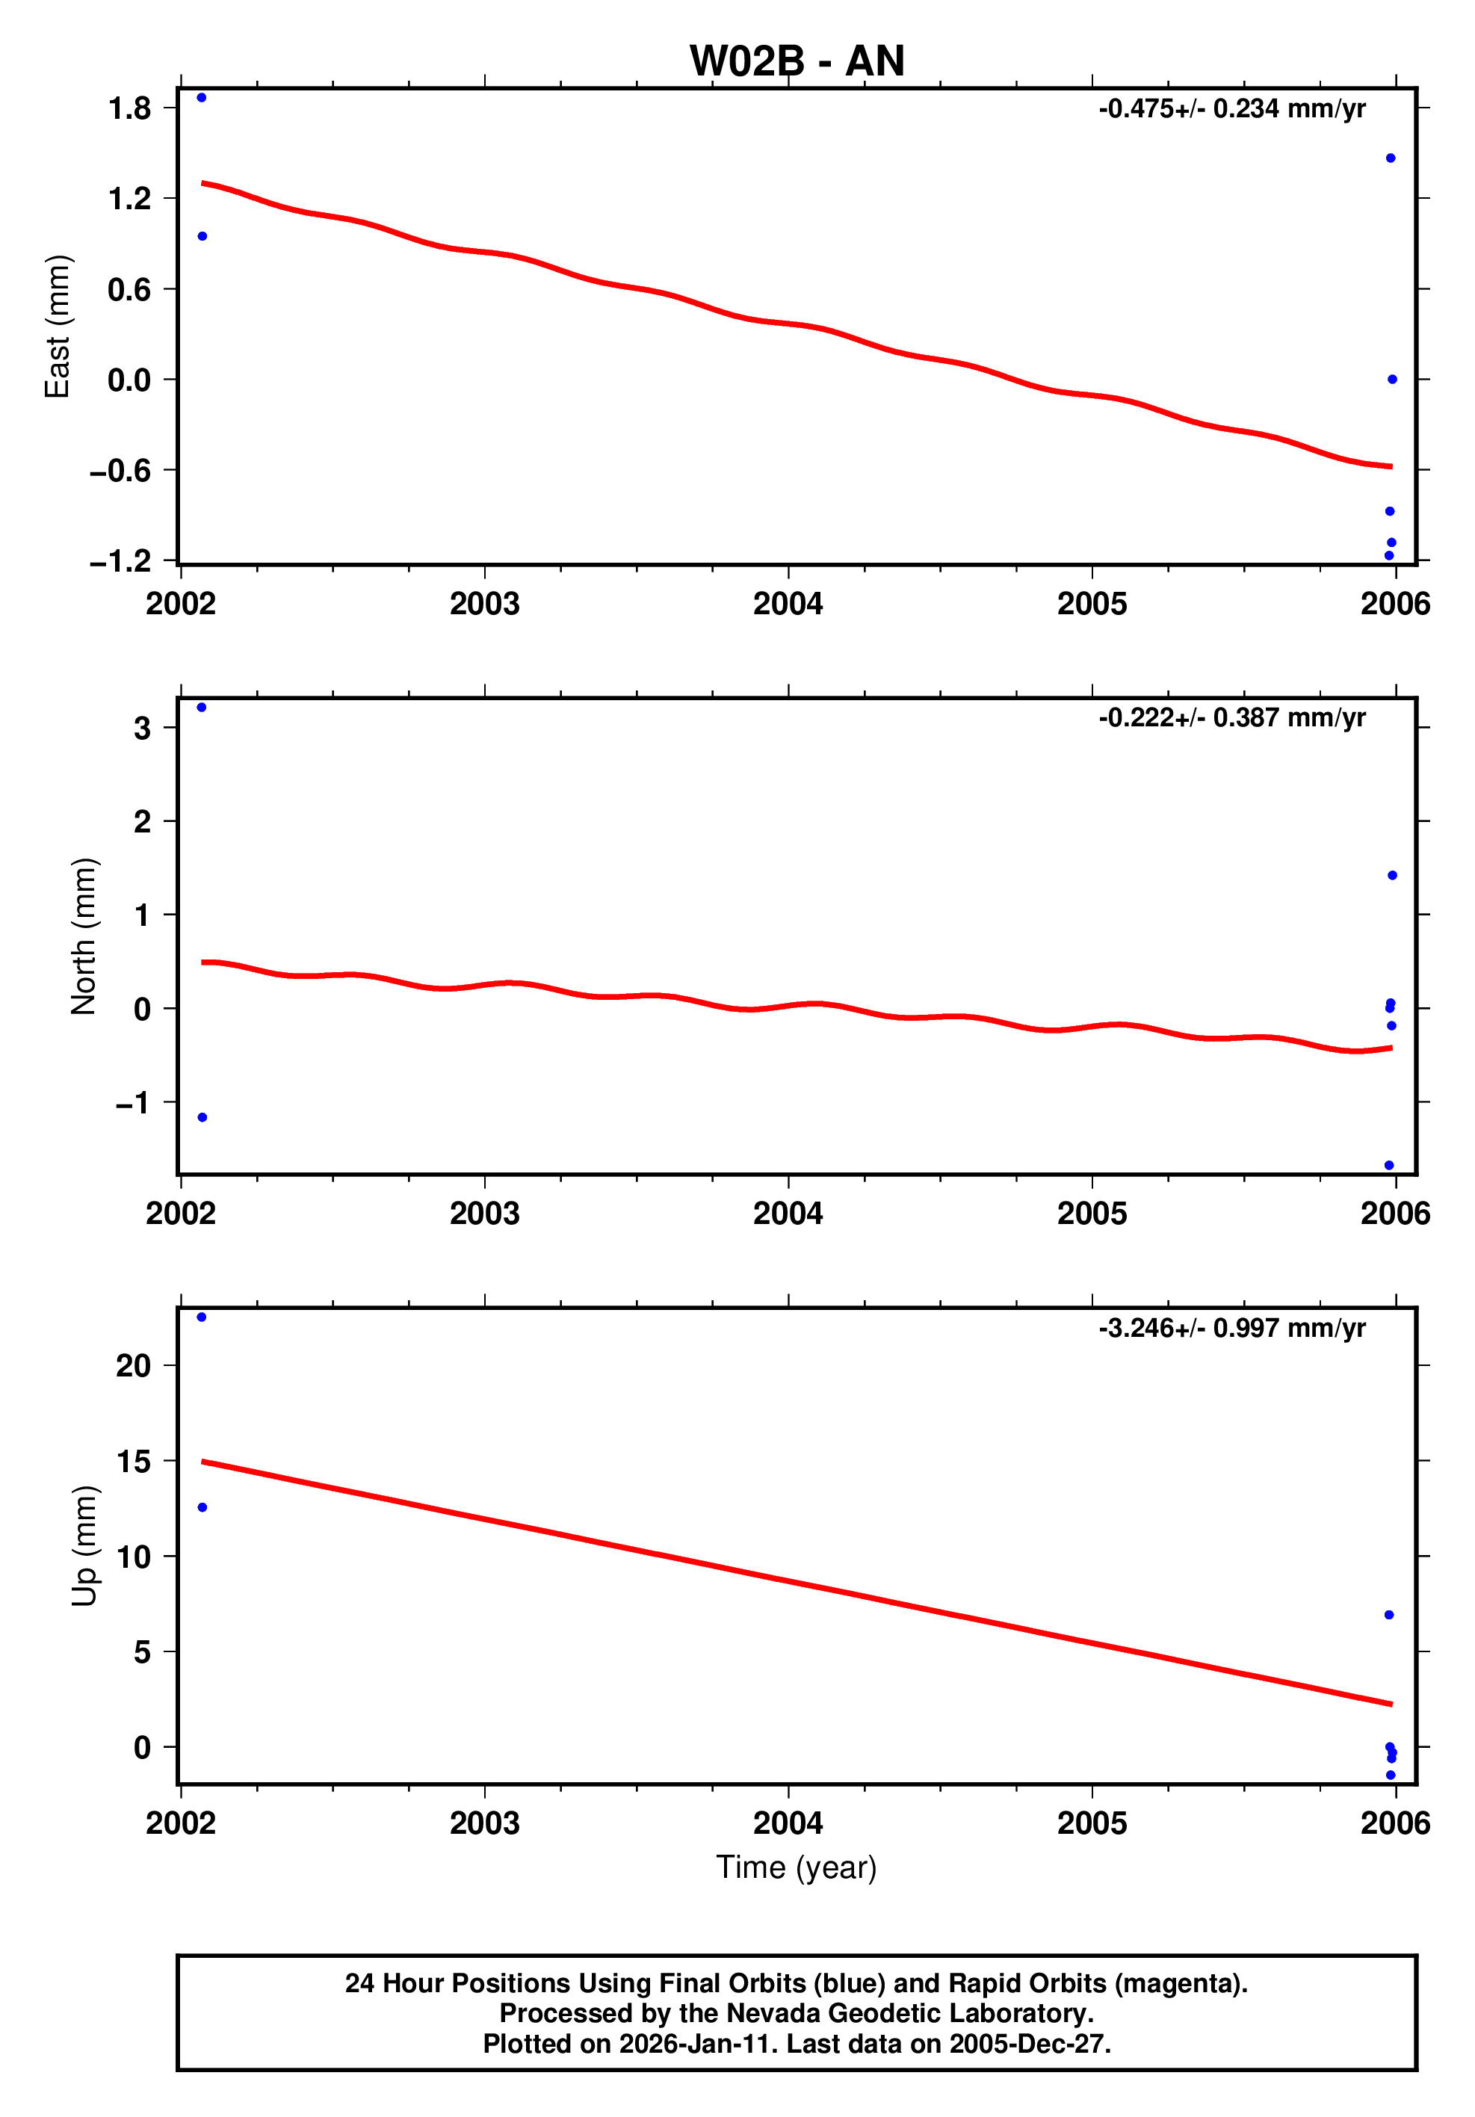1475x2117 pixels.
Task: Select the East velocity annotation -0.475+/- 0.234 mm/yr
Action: [x=1231, y=109]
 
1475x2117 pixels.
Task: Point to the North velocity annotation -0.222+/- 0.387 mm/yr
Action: [x=1231, y=717]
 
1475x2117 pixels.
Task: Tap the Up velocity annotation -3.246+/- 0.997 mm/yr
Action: [x=1231, y=1328]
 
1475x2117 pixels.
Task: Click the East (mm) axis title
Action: [x=57, y=327]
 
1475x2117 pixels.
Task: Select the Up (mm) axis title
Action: [x=83, y=1545]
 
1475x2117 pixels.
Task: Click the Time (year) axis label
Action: [x=797, y=1867]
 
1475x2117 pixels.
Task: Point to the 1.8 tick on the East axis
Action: [x=129, y=109]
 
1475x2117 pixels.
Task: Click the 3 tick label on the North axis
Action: [x=142, y=729]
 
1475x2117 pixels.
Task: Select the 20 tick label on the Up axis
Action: [x=133, y=1365]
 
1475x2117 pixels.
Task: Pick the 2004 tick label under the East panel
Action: [x=788, y=604]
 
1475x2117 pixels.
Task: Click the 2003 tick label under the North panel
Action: [x=484, y=1214]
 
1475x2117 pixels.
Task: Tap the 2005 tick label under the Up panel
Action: [x=1092, y=1823]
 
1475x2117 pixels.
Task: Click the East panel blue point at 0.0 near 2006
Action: [x=1392, y=379]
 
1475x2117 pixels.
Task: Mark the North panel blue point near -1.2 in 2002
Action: [x=202, y=1117]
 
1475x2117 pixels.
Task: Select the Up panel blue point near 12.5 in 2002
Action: [x=202, y=1507]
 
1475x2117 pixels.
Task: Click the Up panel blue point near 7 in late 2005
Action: [x=1389, y=1615]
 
